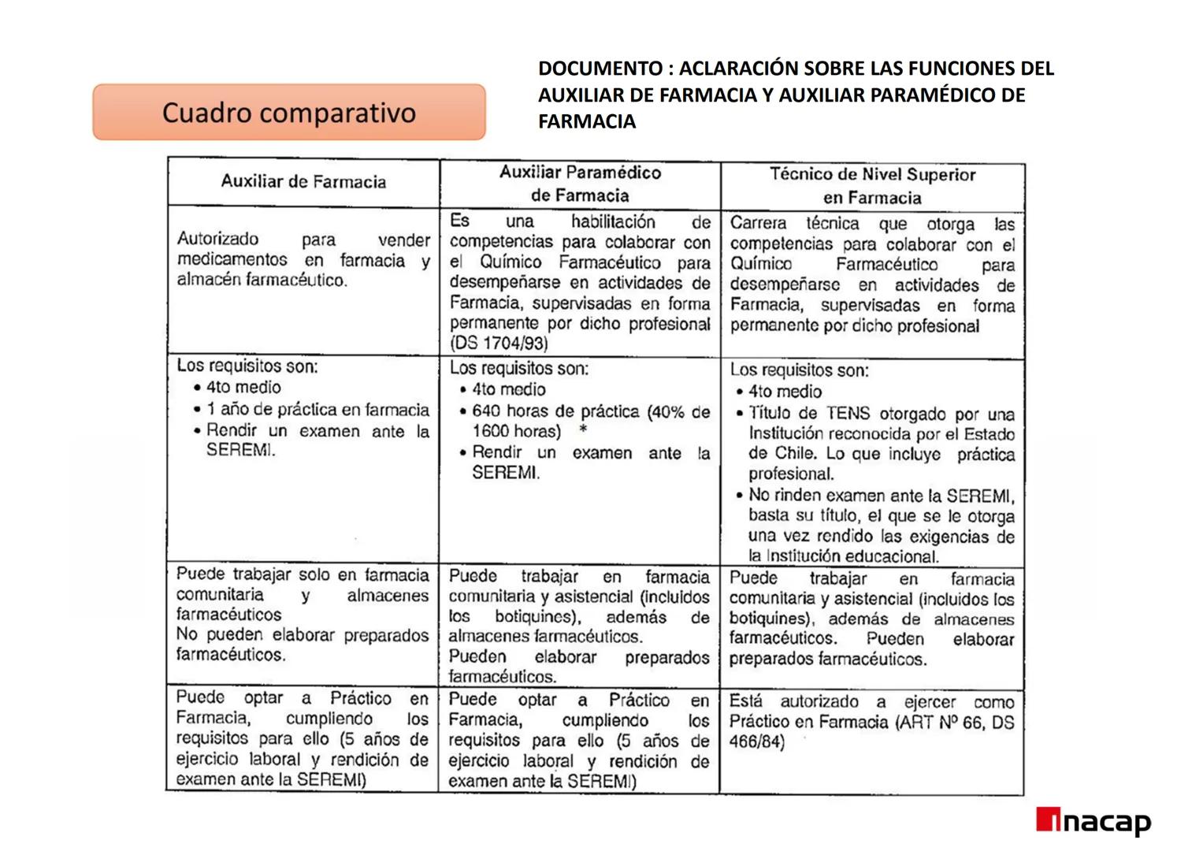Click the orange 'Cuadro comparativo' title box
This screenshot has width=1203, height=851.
(x=288, y=113)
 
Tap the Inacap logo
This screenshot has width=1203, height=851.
(x=1093, y=822)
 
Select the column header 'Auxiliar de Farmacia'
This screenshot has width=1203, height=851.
(x=303, y=182)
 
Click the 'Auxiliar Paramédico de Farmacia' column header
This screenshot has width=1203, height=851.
(x=580, y=184)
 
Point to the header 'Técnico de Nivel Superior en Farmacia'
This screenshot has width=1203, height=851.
(x=872, y=186)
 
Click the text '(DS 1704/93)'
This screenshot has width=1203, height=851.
(x=499, y=344)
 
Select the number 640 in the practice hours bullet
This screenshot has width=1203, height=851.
(x=486, y=411)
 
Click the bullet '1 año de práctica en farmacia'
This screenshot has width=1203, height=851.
(x=317, y=410)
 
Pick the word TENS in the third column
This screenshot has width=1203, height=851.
(x=848, y=414)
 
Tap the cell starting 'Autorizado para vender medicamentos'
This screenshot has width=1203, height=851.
(x=303, y=260)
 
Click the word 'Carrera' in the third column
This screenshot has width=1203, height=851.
(x=758, y=224)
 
